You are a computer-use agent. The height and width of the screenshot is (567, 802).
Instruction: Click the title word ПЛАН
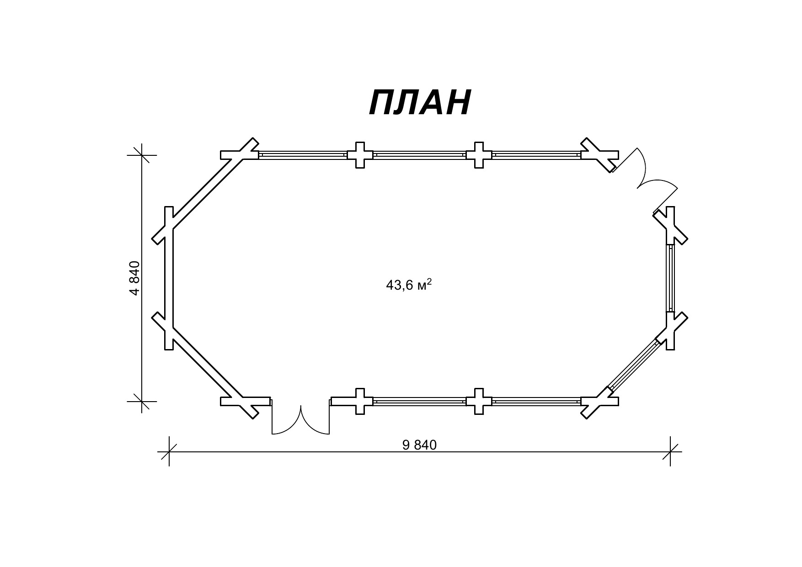pyautogui.click(x=420, y=102)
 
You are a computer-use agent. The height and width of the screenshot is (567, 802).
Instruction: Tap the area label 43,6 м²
pyautogui.click(x=409, y=285)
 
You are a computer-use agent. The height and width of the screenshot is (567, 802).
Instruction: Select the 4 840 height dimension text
pyautogui.click(x=134, y=278)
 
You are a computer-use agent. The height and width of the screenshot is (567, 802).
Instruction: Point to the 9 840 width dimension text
pyautogui.click(x=419, y=445)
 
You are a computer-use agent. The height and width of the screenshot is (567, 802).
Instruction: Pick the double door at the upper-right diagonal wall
pyautogui.click(x=645, y=183)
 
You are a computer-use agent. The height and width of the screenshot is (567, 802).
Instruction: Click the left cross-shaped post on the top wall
pyautogui.click(x=360, y=155)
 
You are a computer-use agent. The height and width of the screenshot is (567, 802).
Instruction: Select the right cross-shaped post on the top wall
pyautogui.click(x=479, y=155)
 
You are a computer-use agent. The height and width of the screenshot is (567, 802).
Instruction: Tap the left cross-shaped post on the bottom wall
pyautogui.click(x=360, y=401)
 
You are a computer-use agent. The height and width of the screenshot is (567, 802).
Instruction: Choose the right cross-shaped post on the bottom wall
pyautogui.click(x=479, y=401)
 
